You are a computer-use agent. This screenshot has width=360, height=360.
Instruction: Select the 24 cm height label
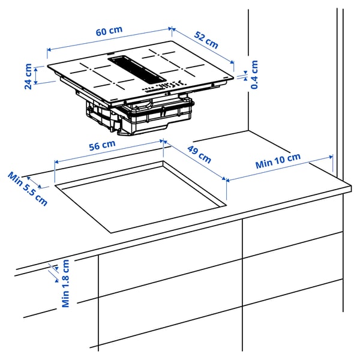pos(28,76)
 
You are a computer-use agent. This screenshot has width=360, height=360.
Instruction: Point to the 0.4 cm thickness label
pos(254,74)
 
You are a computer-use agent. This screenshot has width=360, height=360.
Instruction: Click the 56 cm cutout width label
pos(102,145)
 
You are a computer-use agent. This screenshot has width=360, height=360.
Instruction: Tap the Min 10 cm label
pos(277,161)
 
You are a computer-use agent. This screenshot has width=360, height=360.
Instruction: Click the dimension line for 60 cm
pos(108,39)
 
